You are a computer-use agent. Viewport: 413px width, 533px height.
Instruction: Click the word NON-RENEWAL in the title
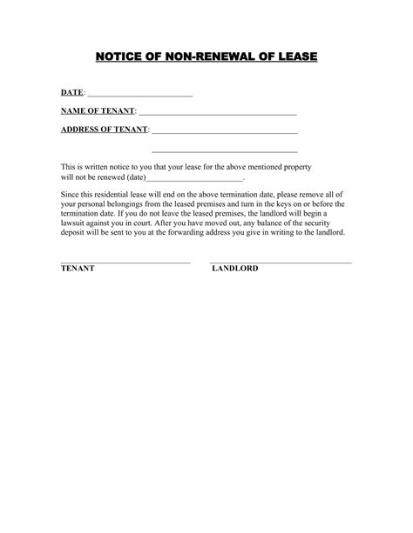pos(203,57)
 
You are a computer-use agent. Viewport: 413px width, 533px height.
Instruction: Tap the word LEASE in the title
pos(294,57)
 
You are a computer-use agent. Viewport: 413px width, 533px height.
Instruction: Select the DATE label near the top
pos(71,93)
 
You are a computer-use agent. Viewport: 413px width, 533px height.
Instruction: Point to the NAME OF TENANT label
pos(98,111)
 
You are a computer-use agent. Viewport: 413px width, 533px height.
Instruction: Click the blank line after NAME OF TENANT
pos(217,114)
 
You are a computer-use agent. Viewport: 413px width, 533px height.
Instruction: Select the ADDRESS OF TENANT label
pos(104,130)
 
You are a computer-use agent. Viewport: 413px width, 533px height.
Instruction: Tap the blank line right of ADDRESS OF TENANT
pos(225,132)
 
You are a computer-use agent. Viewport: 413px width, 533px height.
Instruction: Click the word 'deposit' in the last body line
pos(75,233)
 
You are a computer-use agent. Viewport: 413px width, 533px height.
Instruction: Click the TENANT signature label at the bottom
pos(78,270)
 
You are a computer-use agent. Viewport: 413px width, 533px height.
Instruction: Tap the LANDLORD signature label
pos(234,270)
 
